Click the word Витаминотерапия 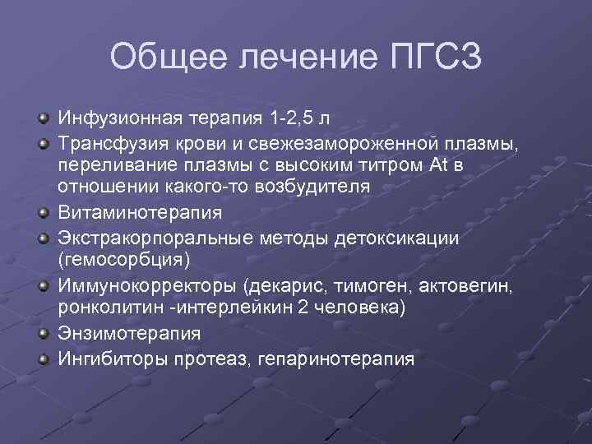point(140,212)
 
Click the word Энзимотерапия point(128,334)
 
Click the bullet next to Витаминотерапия point(42,212)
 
